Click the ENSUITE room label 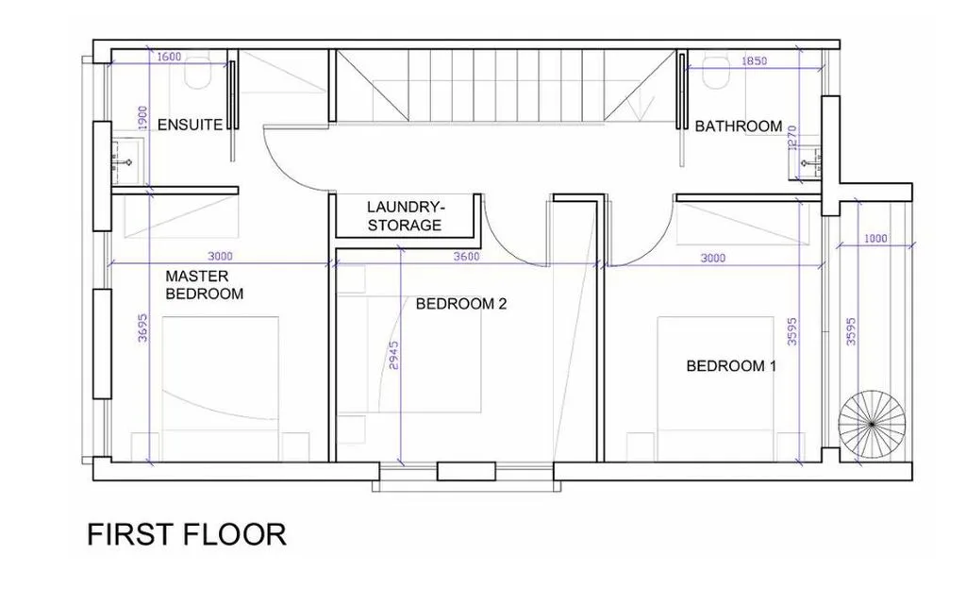point(190,125)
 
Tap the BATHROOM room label point(738,126)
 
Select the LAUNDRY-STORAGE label point(405,216)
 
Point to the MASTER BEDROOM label point(204,285)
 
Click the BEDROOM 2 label point(460,304)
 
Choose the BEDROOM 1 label point(731,366)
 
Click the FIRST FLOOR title point(187,534)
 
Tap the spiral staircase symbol point(872,425)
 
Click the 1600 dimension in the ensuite point(170,57)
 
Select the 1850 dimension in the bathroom point(754,61)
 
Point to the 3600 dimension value point(466,257)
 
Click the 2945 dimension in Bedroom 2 point(394,356)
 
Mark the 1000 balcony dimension point(875,239)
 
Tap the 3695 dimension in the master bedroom point(142,328)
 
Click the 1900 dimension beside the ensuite point(142,118)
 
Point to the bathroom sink point(808,163)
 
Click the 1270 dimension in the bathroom point(792,137)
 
